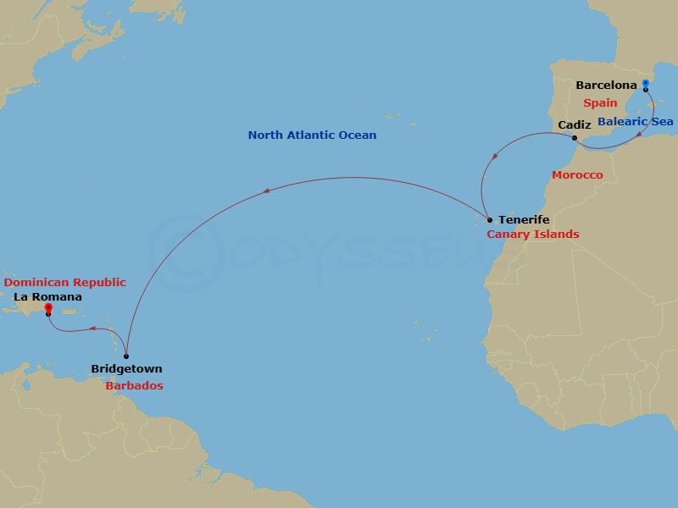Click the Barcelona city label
point(605,85)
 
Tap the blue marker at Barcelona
point(646,84)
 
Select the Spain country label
point(600,102)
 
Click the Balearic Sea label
point(636,122)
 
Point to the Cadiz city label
point(575,125)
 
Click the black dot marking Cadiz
point(575,138)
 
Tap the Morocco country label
point(577,175)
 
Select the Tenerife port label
point(524,220)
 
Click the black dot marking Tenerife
point(490,219)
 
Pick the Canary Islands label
point(533,234)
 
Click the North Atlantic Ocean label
point(312,135)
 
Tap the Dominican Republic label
point(65,283)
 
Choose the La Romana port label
point(47,297)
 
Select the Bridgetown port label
point(126,369)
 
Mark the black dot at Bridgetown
point(126,356)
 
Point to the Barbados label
point(135,385)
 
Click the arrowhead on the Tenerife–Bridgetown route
point(267,190)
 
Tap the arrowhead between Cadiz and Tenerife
point(496,155)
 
